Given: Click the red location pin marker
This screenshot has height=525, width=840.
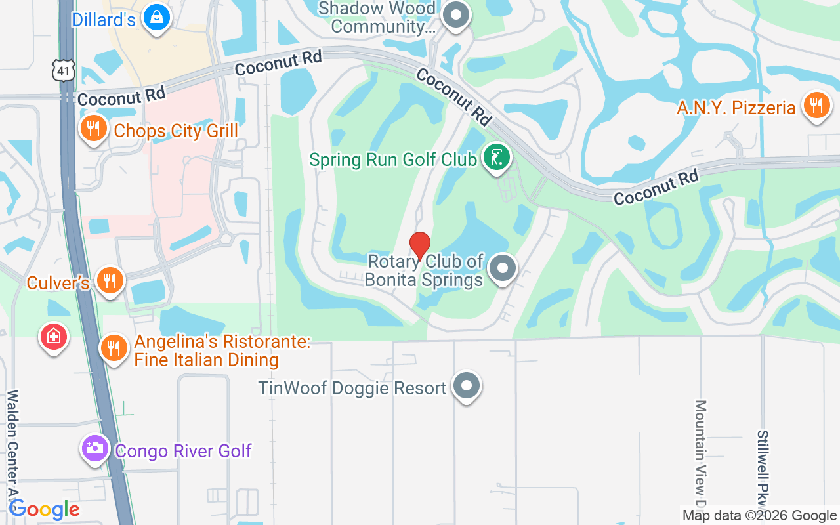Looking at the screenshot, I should click(x=420, y=246).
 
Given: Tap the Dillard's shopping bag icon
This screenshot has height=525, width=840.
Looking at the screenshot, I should click(x=157, y=18).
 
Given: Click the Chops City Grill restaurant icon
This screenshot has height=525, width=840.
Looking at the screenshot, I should click(x=93, y=128).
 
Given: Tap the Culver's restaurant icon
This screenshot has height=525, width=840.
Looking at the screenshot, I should click(x=110, y=280).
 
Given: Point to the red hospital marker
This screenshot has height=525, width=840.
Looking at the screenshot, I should click(x=54, y=337).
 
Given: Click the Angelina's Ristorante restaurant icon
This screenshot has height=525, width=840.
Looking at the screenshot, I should click(x=114, y=348).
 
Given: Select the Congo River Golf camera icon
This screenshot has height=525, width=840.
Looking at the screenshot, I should click(x=95, y=448).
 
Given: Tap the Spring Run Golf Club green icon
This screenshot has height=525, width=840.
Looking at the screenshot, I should click(x=497, y=157).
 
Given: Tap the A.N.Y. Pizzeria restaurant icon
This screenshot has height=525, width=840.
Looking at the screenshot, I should click(x=816, y=105).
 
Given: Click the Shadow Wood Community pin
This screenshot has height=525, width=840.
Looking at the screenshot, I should click(x=455, y=15).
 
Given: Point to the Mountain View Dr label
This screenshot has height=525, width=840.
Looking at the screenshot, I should click(x=700, y=453).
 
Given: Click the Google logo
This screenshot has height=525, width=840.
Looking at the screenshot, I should click(x=45, y=509).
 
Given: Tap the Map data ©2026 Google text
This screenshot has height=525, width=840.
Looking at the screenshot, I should click(x=760, y=516).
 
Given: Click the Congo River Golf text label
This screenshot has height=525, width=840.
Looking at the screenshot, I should click(x=183, y=451).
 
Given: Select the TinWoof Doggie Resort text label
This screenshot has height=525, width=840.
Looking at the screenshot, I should click(x=352, y=388).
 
